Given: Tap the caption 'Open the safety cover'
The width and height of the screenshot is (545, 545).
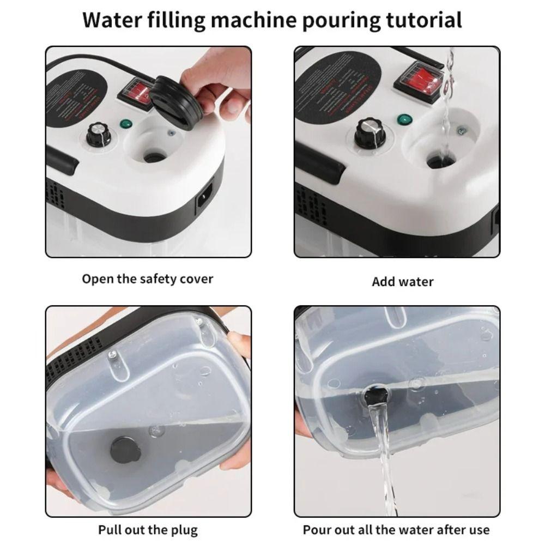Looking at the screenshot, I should point(147,279).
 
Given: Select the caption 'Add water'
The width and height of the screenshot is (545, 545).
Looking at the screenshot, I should point(402,282).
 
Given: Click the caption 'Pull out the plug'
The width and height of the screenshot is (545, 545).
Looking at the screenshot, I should point(148,529).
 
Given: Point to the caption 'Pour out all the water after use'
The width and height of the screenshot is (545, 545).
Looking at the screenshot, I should point(396,529).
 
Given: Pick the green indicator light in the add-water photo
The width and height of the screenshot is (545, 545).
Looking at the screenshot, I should point(404,119).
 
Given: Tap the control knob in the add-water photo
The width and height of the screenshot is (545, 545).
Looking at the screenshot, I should point(370,132).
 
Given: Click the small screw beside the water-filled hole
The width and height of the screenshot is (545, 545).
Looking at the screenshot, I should point(462,130).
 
